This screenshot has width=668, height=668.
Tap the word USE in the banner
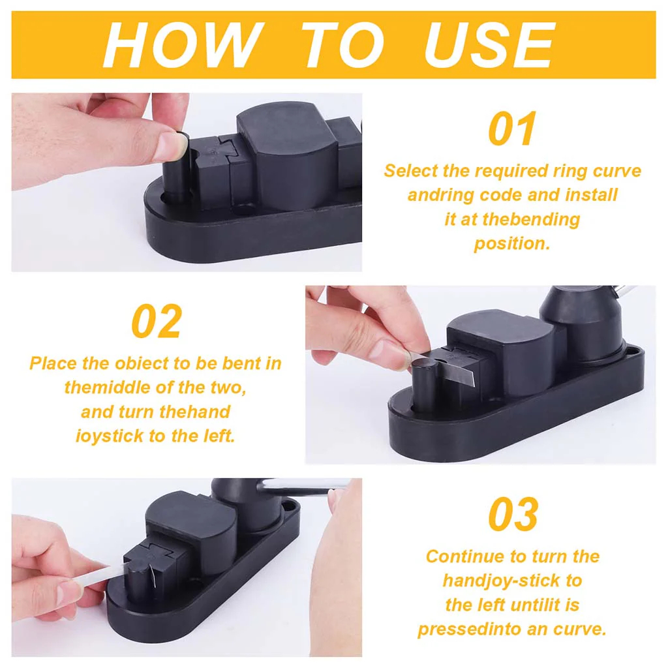490,45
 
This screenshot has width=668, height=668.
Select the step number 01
512,129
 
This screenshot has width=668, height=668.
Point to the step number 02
157,321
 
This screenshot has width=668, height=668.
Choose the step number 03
513,514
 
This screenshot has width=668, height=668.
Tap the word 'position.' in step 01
512,244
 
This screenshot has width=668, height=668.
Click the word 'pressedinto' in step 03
468,630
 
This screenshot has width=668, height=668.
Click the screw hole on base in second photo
634,352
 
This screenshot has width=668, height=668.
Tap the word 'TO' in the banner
341,45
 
